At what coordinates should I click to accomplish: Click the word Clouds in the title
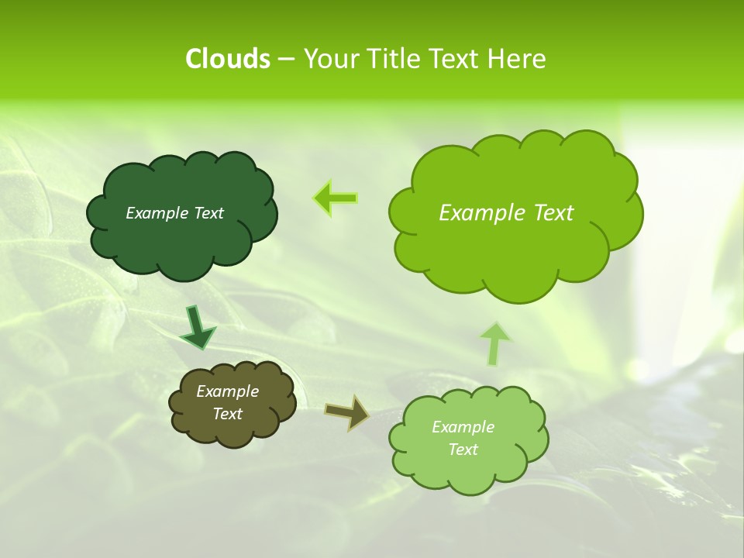(228, 59)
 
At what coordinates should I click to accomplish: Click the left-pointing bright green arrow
(335, 198)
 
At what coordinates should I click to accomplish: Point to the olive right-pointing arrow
(346, 412)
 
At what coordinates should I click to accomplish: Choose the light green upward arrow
(494, 344)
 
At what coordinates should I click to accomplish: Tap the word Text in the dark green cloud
(208, 213)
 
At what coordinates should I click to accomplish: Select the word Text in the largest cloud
(553, 213)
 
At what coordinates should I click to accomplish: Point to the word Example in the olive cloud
(227, 391)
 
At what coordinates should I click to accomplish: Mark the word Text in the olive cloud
(227, 414)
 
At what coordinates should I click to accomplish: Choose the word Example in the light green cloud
(463, 427)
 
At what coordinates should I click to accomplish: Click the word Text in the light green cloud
(463, 449)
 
